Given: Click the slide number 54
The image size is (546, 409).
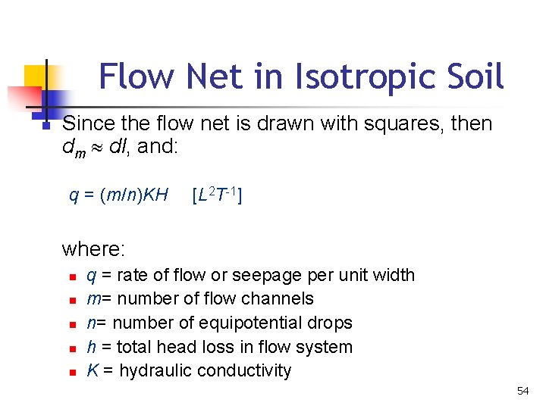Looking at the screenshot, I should click(x=522, y=391).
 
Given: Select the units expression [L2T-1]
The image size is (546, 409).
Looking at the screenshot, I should click(x=217, y=197).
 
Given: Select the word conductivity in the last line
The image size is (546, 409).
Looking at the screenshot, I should click(x=243, y=370).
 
